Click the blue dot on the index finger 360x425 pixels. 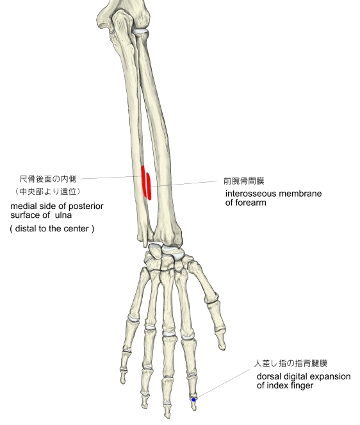(x=193, y=399)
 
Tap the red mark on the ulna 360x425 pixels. (x=144, y=181)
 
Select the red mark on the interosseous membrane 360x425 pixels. (x=149, y=186)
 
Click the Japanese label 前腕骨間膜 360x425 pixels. (x=244, y=181)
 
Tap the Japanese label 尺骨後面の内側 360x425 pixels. (x=48, y=179)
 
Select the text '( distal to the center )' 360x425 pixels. (x=52, y=228)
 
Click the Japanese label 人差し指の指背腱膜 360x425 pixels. (x=290, y=363)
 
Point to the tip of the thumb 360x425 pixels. (x=223, y=347)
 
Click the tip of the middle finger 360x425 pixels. (x=167, y=417)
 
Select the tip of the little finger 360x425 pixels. (x=123, y=382)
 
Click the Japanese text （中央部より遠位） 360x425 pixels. (x=48, y=192)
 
